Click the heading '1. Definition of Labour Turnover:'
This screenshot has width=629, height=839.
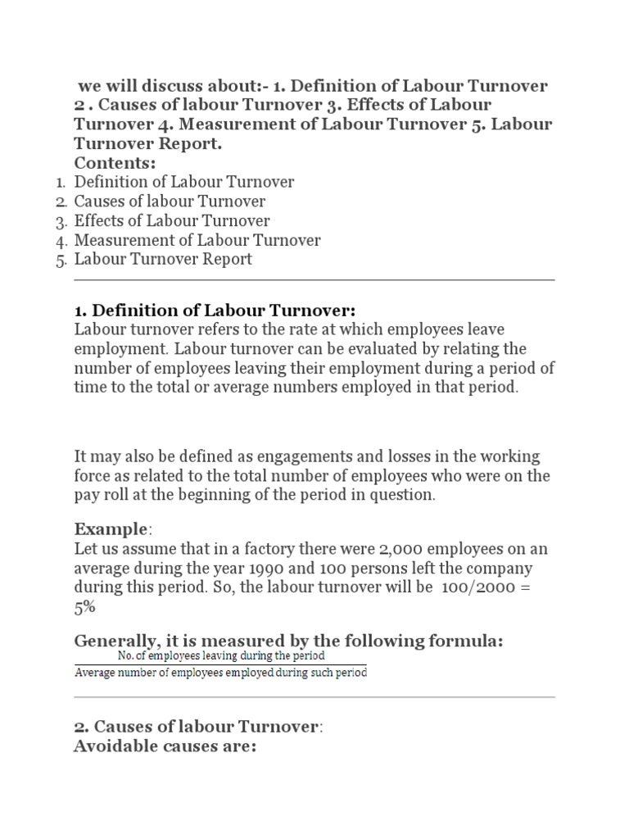[x=215, y=311]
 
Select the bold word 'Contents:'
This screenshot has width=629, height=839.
[x=115, y=162]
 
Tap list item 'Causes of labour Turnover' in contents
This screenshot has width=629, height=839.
[x=170, y=202]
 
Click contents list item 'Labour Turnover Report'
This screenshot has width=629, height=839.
[x=163, y=260]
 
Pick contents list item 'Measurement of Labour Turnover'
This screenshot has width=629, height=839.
[x=197, y=240]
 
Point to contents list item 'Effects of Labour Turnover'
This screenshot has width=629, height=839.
[x=172, y=221]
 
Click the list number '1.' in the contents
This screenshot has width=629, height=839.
[x=61, y=183]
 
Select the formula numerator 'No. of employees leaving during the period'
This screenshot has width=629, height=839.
[x=221, y=655]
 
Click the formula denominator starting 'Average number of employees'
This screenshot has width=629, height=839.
[x=220, y=673]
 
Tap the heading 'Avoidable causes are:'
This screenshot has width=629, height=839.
[x=165, y=746]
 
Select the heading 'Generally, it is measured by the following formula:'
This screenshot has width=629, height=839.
[x=287, y=640]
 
